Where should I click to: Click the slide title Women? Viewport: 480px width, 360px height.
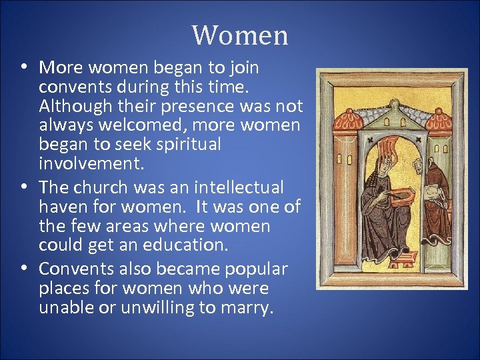click(240, 35)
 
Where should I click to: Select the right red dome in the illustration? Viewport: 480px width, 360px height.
click(439, 120)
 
